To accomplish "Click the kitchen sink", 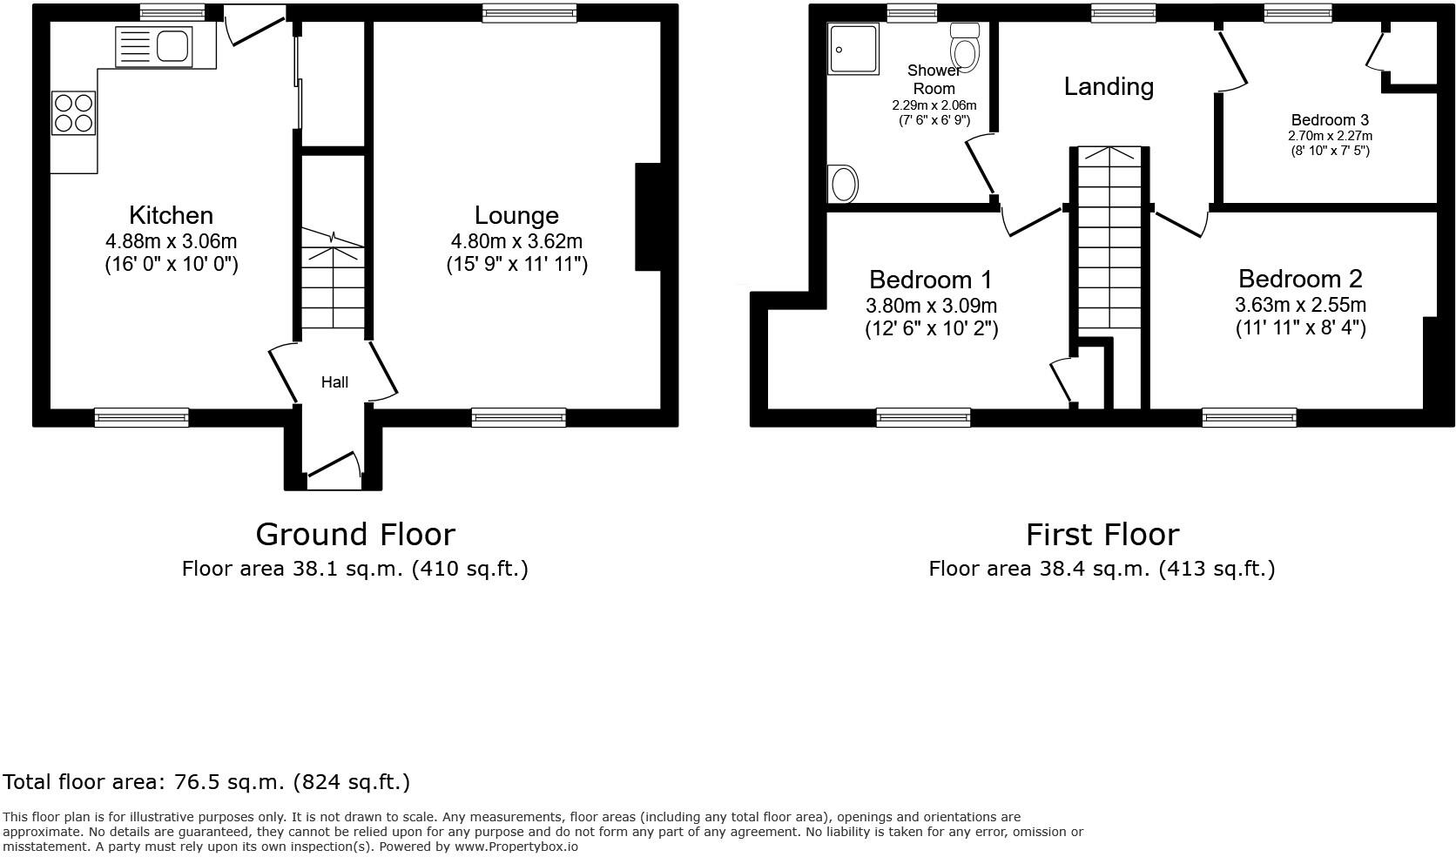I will point(154,45).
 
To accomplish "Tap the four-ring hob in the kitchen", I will point(73,113).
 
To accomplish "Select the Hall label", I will point(334,382).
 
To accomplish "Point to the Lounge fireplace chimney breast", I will point(649,218).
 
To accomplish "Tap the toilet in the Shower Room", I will point(967,47).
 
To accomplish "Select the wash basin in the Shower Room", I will point(844,184).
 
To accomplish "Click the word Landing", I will point(1109,86).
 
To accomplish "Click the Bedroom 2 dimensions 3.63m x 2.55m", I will point(1300,305).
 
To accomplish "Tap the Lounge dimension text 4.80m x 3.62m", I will point(516,241).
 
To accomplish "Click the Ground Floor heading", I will point(354,534).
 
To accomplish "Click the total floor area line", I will point(206,782).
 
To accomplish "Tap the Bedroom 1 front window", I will point(923,418).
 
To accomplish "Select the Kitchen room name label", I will point(171,215).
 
